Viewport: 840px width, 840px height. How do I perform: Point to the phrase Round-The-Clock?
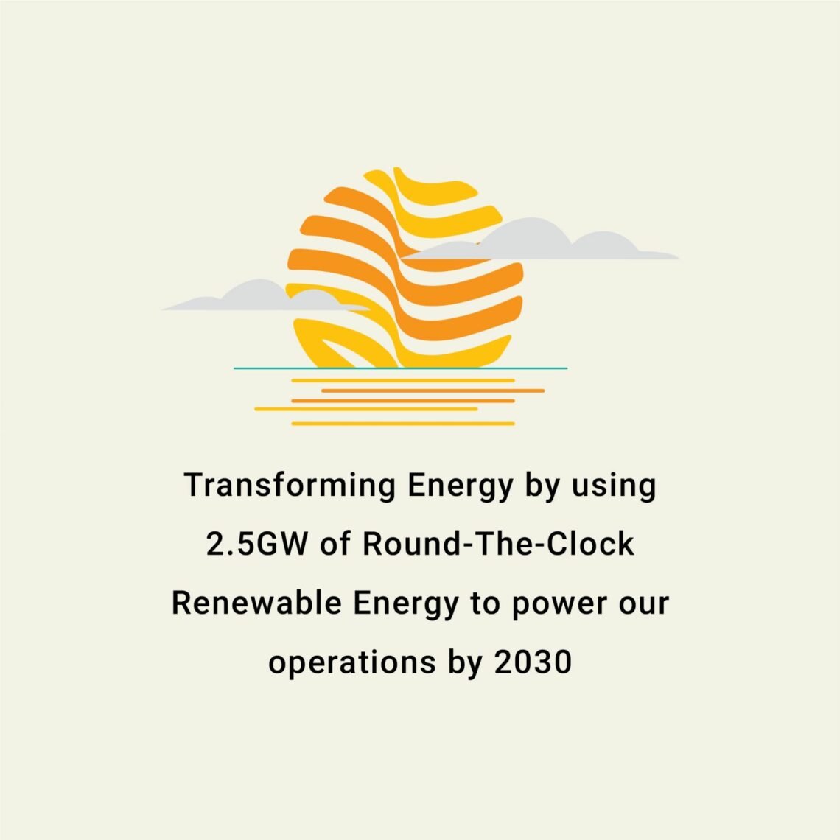[498, 545]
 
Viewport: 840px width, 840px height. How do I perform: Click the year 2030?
[533, 662]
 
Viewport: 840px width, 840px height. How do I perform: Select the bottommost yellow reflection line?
[402, 424]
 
